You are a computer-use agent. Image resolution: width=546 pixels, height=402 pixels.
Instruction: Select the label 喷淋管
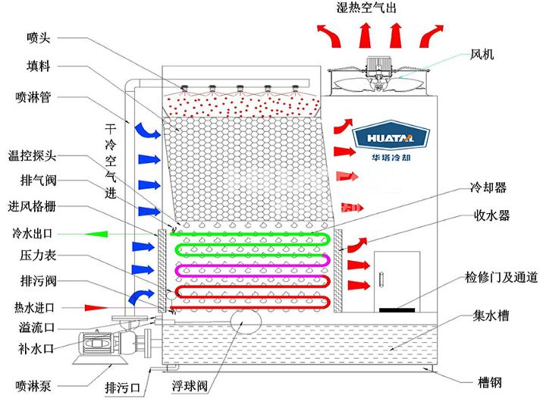[x=33, y=97]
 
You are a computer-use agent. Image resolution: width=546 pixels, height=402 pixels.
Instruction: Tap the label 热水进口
[x=33, y=308]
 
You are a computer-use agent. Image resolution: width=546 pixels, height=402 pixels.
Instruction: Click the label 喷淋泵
[x=33, y=381]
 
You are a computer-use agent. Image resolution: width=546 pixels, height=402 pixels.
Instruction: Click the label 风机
[x=482, y=54]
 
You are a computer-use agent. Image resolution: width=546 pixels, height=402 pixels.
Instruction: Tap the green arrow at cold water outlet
[x=98, y=233]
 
